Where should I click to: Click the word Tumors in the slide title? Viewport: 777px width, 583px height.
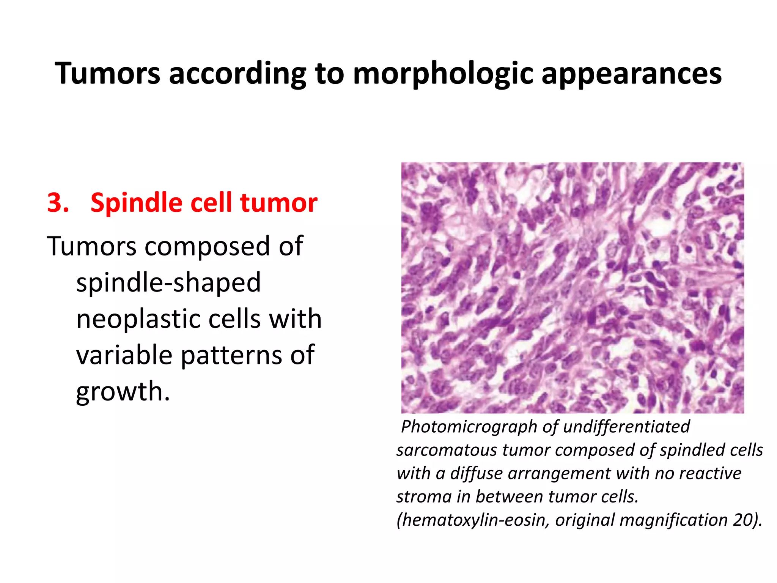108,73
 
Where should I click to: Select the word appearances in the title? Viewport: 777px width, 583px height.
631,73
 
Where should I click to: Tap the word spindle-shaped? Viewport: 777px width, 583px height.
168,283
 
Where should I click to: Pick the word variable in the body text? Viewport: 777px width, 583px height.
124,355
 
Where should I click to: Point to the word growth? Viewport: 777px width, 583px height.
123,391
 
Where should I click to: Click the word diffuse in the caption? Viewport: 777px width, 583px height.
476,473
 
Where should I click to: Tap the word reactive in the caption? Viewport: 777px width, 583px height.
710,473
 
